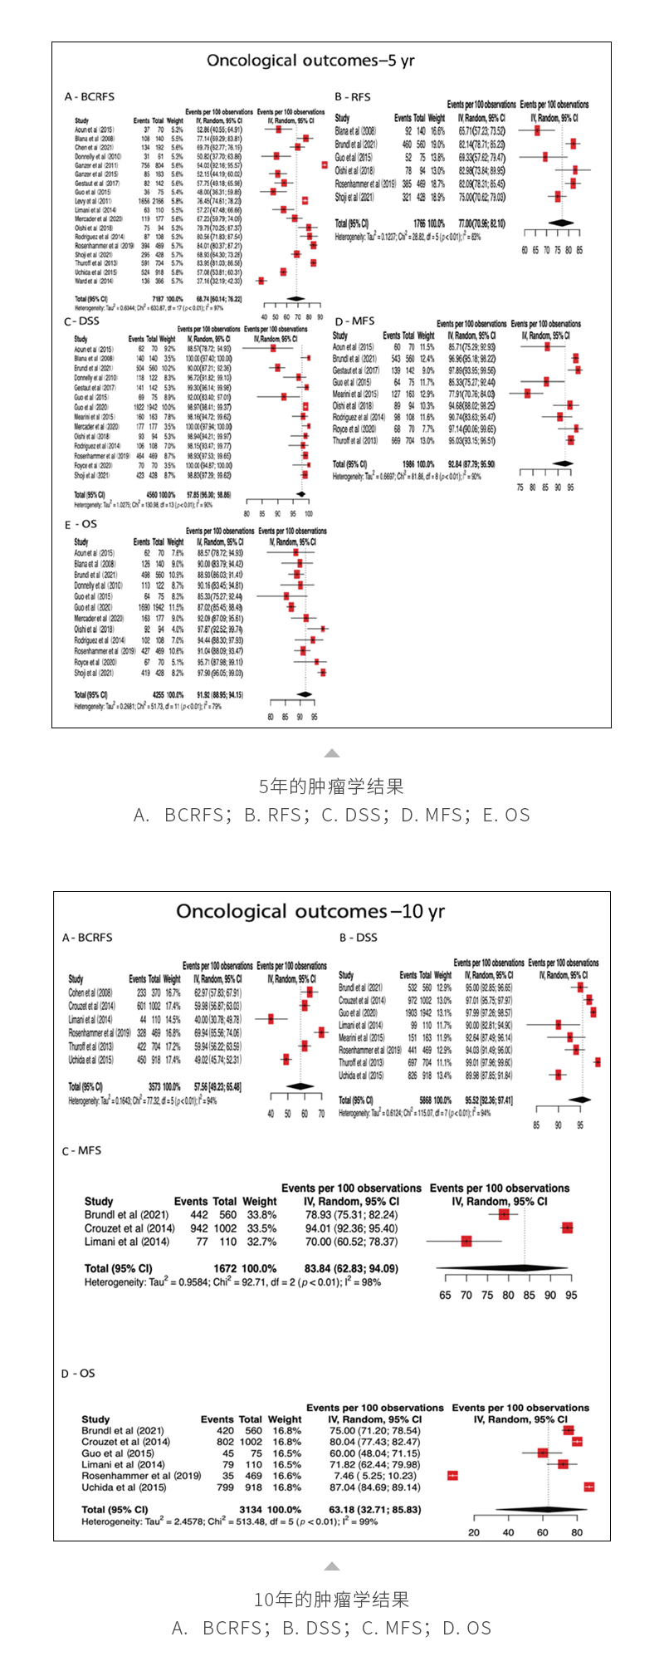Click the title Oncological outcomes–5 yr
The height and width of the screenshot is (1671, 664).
coord(310,61)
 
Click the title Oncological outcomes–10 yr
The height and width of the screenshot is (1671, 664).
coord(310,911)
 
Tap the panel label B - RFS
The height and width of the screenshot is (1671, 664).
coord(353,97)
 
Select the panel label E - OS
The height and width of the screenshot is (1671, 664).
coord(81,524)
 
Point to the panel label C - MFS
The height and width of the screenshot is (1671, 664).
coord(82,1150)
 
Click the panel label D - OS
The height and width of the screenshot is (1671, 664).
coord(79,1373)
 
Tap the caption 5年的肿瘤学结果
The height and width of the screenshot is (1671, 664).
coord(331,786)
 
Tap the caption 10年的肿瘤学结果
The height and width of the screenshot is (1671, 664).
coord(331,1599)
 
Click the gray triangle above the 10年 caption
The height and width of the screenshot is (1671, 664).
coord(332,1566)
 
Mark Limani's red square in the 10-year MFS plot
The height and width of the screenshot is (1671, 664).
coord(466,1242)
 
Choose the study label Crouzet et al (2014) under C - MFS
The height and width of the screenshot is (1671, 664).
coord(129,1228)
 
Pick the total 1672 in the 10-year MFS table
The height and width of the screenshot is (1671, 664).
coord(226,1268)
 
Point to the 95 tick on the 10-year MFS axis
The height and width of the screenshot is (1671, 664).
coord(571,1295)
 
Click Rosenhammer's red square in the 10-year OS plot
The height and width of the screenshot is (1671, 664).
coord(452,1475)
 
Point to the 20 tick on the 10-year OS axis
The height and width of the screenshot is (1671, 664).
coord(474,1532)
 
